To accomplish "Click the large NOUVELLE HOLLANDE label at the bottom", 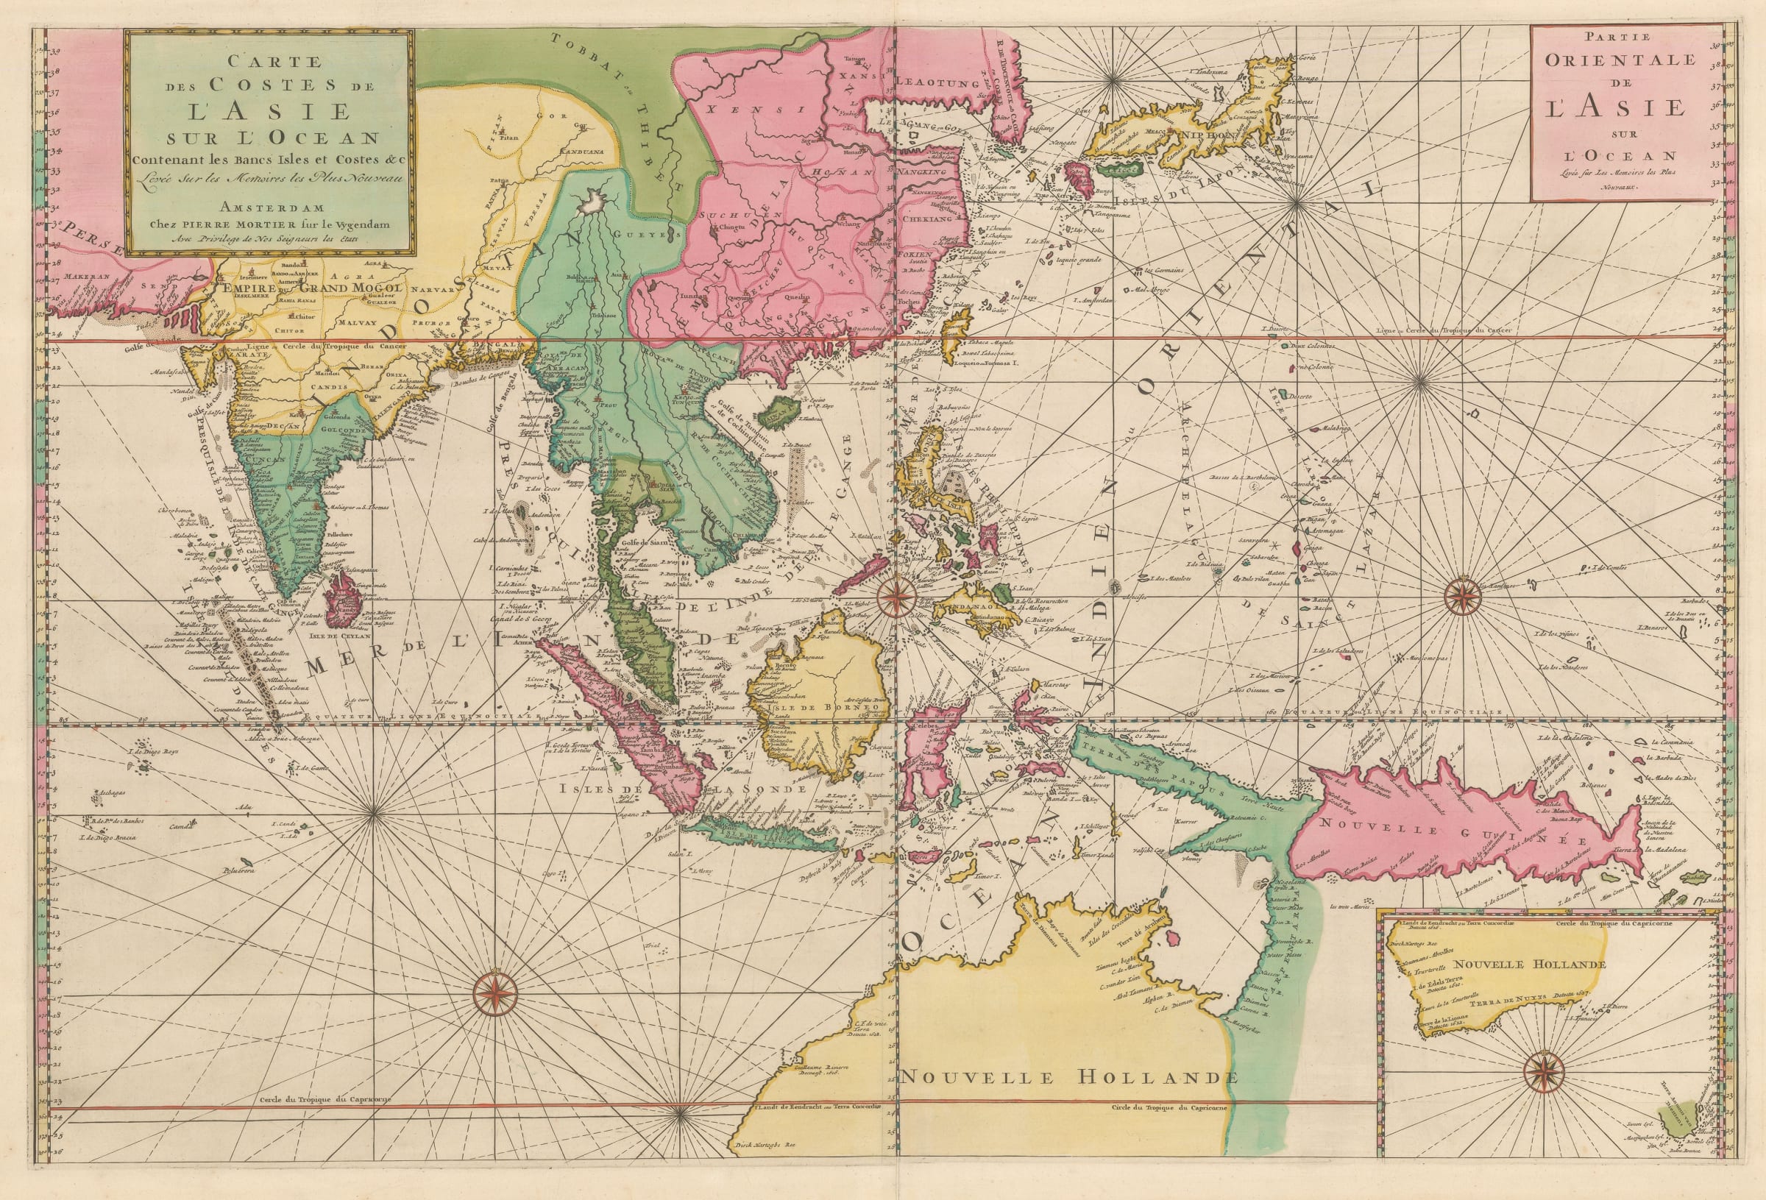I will point(1070,1077).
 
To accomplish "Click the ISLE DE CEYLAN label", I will point(341,637).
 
